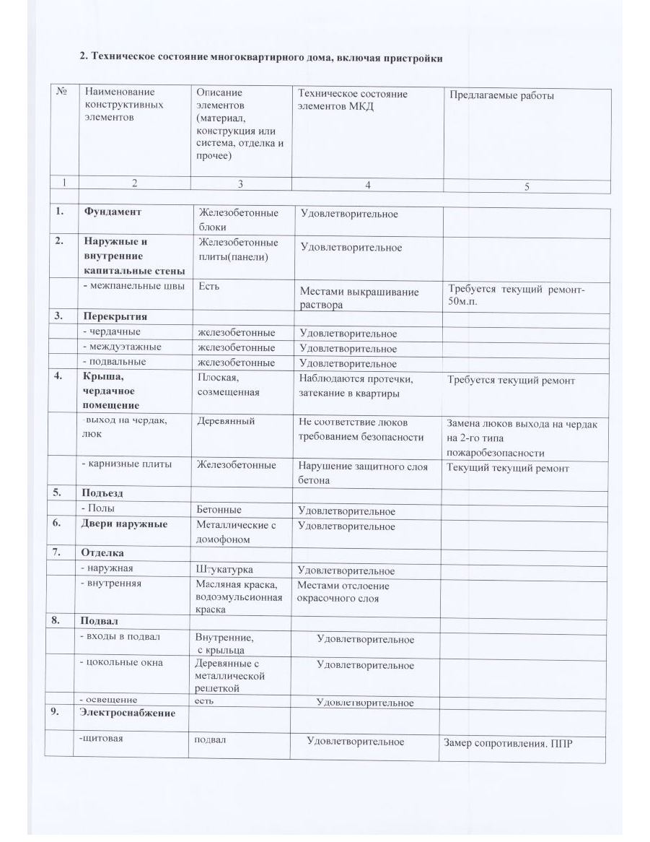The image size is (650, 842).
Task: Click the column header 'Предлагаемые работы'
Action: pos(501,95)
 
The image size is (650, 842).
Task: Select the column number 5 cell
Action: pos(527,186)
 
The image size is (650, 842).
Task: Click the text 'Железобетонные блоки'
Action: pos(238,220)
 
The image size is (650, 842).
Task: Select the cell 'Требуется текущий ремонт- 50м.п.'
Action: pos(517,295)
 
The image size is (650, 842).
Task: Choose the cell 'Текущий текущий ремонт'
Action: pos(508,468)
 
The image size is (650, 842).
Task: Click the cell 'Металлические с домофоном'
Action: pos(237,531)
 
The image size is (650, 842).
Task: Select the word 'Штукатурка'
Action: pos(225,570)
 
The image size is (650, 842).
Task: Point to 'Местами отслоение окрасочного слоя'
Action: pos(343,592)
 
